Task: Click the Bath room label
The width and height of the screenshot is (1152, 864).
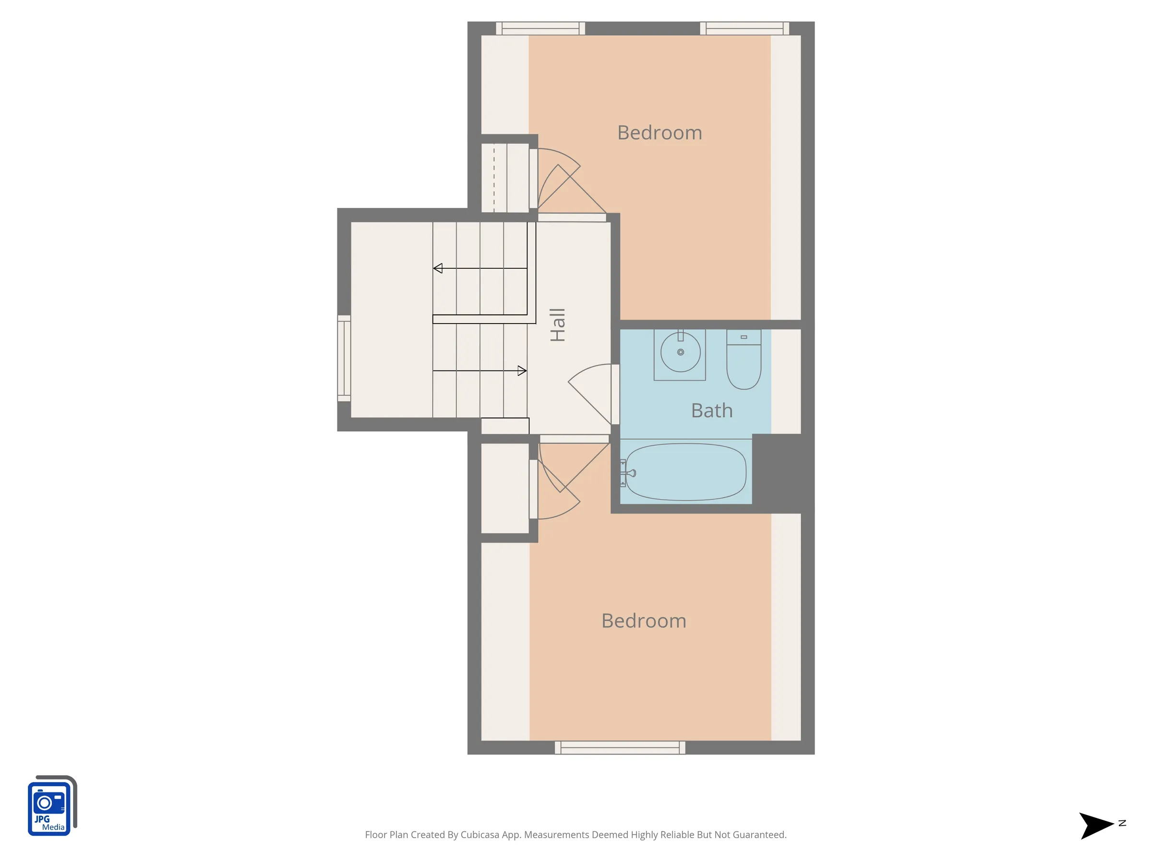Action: pos(711,411)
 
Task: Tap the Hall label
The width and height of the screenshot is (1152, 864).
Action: pos(557,325)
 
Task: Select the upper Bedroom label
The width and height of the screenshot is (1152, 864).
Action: pos(660,133)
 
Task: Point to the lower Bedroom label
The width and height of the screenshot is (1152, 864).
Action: pos(644,621)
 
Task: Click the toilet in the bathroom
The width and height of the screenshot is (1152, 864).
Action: pos(744,360)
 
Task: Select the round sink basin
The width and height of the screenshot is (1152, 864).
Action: pos(680,352)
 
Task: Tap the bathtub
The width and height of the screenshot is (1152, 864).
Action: pos(686,472)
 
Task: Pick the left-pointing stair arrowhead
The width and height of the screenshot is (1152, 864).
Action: pos(438,268)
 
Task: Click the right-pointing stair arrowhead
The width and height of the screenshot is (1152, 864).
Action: pos(522,371)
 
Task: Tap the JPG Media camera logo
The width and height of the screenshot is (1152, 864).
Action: pos(52,805)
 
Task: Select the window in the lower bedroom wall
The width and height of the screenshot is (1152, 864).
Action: pos(620,748)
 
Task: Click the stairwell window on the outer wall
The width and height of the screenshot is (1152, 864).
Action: pos(344,358)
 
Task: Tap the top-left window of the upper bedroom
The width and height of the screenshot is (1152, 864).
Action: pos(540,28)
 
